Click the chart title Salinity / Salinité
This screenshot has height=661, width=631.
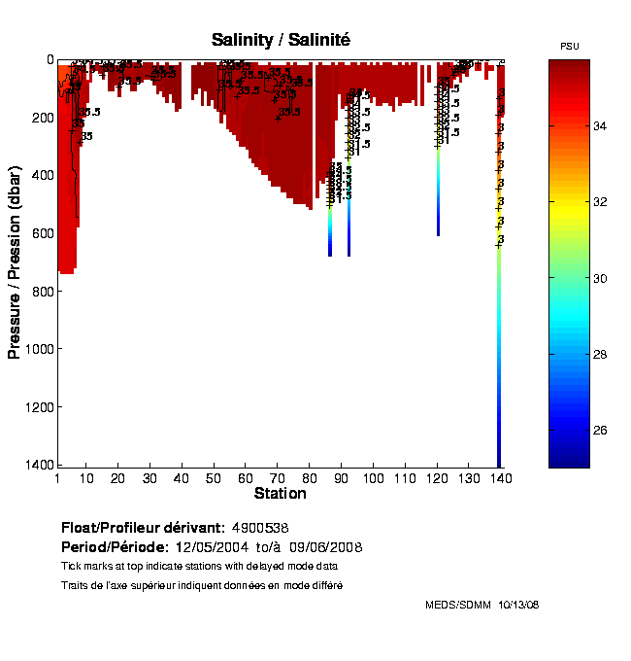pyautogui.click(x=281, y=40)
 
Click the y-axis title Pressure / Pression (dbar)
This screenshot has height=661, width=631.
pyautogui.click(x=15, y=261)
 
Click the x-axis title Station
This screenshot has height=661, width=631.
pyautogui.click(x=281, y=494)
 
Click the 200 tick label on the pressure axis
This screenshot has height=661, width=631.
pyautogui.click(x=40, y=118)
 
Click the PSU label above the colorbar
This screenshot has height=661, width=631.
pyautogui.click(x=569, y=47)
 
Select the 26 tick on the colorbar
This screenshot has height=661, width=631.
pyautogui.click(x=600, y=430)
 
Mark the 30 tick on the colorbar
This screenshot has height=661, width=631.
pyautogui.click(x=600, y=278)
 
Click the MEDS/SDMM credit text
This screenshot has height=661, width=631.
pyautogui.click(x=455, y=605)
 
